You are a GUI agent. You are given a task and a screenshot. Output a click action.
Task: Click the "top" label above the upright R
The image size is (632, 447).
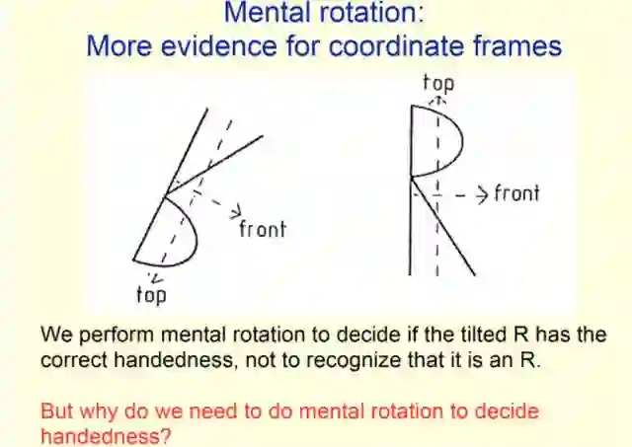point(437,83)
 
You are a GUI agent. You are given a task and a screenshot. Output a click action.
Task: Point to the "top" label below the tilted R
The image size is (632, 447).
point(150,293)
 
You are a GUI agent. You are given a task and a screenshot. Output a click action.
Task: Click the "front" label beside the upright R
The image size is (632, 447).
point(515,192)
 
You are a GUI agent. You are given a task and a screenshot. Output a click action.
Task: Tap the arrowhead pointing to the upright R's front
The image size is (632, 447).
point(481,192)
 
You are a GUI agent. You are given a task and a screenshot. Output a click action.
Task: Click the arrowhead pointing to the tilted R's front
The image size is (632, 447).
point(236,211)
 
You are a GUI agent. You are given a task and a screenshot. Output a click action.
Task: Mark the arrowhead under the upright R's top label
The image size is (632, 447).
point(437,100)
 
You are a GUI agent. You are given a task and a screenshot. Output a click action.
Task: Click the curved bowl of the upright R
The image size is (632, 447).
point(456,138)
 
